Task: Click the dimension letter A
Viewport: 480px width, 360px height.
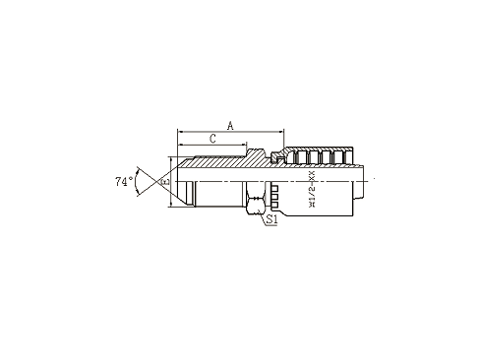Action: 230,124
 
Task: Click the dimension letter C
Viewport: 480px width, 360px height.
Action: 211,140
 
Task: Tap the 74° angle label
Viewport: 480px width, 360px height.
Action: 123,182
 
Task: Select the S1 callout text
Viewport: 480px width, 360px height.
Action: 271,220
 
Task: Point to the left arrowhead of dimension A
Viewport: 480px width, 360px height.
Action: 180,131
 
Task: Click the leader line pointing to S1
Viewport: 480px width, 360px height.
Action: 261,210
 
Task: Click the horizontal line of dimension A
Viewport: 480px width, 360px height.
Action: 230,131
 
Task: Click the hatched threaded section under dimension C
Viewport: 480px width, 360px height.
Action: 211,162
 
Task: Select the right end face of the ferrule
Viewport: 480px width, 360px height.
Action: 361,180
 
